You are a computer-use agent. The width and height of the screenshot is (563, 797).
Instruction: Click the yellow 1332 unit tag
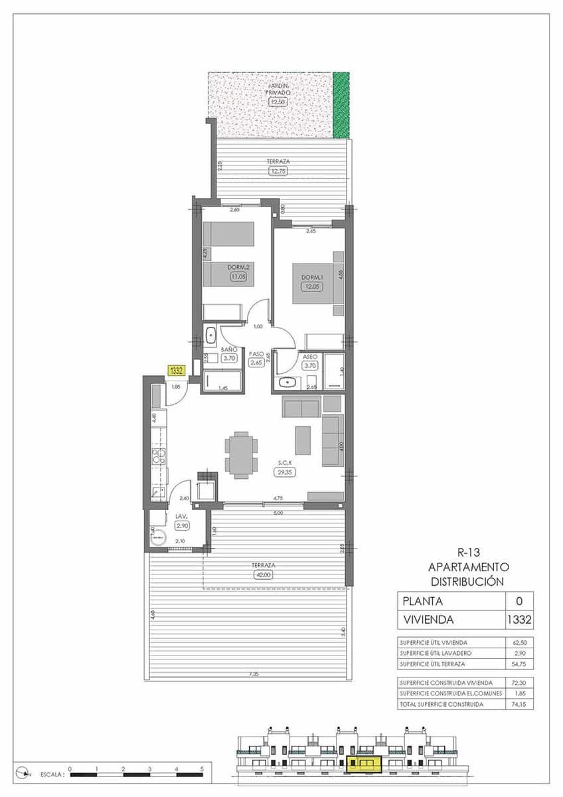(x=177, y=371)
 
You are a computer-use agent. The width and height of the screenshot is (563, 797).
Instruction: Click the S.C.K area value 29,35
(x=285, y=472)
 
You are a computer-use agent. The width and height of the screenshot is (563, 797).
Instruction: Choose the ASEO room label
(x=310, y=356)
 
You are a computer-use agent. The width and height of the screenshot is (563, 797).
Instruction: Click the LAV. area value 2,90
(x=182, y=525)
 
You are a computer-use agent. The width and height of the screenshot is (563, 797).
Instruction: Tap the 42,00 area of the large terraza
(x=263, y=576)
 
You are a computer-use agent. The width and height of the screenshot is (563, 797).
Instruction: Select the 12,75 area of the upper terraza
(x=278, y=171)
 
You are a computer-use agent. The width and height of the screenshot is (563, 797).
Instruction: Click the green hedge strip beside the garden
(x=341, y=105)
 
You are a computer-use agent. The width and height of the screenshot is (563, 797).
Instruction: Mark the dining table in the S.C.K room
(x=240, y=455)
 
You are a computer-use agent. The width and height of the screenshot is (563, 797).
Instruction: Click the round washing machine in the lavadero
(x=159, y=538)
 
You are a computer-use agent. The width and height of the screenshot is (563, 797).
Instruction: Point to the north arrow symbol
(x=25, y=772)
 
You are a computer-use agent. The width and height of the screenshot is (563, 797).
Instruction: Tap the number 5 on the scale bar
(x=202, y=768)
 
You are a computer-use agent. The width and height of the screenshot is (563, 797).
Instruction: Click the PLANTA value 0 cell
(x=519, y=601)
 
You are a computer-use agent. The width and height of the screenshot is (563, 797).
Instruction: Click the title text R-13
(x=469, y=551)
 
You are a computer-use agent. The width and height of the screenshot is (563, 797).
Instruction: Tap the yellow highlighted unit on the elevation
(x=364, y=764)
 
